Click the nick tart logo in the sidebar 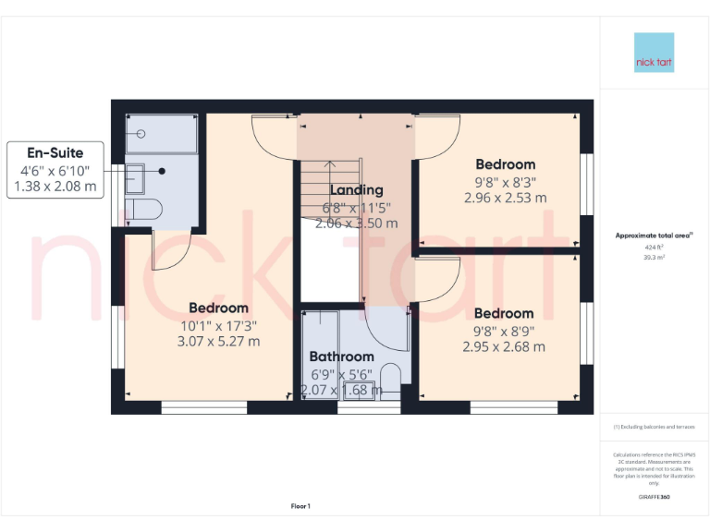(654, 53)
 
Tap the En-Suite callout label (55, 153)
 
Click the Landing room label (357, 190)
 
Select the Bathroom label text (341, 357)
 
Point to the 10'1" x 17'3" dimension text (218, 325)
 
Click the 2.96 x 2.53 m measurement (505, 198)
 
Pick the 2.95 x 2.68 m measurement (504, 347)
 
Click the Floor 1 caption (300, 506)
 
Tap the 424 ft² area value (654, 248)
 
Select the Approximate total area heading (654, 236)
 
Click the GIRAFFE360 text (654, 497)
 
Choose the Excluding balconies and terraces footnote (654, 427)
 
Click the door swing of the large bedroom (172, 251)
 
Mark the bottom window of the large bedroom (203, 407)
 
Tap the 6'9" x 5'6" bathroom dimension (341, 374)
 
